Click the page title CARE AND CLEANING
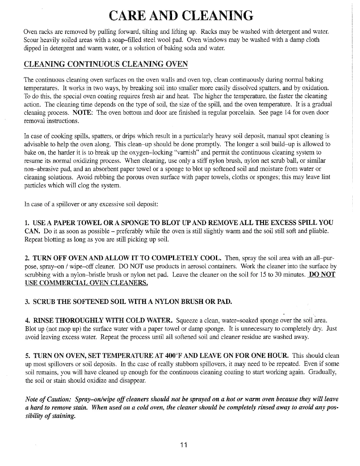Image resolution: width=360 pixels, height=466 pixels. point(180,16)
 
